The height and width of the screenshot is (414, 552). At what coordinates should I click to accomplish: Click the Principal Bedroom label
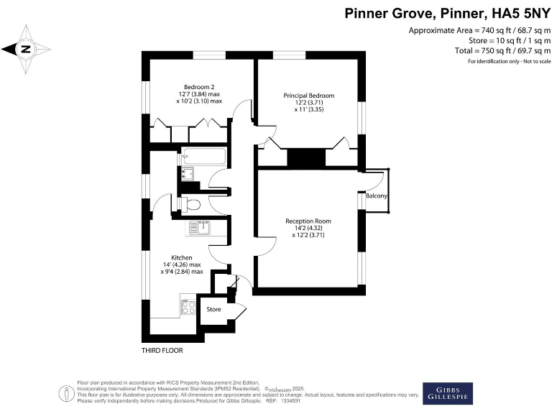308,96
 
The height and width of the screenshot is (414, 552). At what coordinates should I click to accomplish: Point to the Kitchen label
181,257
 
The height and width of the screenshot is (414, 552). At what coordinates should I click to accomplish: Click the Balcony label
377,196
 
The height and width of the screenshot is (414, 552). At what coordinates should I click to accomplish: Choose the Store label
213,310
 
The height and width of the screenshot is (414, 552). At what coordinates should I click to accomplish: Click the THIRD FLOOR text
162,351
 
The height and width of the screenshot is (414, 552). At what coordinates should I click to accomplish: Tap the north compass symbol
26,49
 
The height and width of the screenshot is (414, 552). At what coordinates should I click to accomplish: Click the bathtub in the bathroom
203,156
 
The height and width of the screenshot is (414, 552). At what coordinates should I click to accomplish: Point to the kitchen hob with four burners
188,307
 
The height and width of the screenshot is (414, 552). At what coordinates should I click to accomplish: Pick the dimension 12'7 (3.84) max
199,94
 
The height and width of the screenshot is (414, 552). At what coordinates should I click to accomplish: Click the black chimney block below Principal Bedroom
305,157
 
